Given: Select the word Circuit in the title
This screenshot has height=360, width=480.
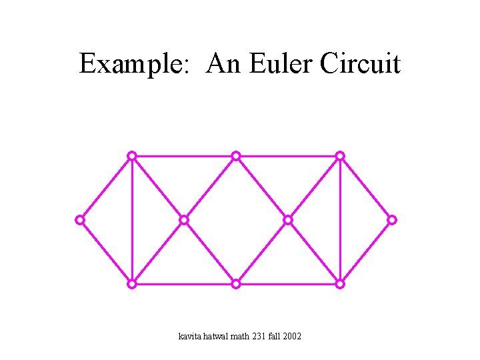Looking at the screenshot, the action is tap(360, 64).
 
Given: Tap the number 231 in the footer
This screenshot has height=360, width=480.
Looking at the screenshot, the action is tap(259, 336).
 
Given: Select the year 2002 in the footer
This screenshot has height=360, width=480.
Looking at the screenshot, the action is tap(292, 336).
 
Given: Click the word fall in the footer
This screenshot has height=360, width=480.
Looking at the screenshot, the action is tap(275, 336).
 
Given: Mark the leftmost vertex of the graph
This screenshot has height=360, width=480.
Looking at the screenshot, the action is tap(80, 219).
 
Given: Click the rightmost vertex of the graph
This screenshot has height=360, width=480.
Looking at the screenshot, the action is tap(392, 219).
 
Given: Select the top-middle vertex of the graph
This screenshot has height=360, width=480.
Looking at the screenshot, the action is tap(236, 155).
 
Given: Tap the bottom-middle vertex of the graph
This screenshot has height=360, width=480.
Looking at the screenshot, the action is tap(236, 284).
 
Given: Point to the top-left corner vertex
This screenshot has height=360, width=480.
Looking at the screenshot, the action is tap(132, 155).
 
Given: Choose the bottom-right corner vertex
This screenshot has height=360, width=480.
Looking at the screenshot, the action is tap(340, 284).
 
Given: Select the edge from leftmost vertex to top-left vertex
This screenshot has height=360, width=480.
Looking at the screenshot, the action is tap(106, 187).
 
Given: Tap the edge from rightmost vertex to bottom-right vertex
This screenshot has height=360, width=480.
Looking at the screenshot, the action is tap(366, 252).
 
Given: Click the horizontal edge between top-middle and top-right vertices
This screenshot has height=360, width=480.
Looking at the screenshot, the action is tap(288, 155).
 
